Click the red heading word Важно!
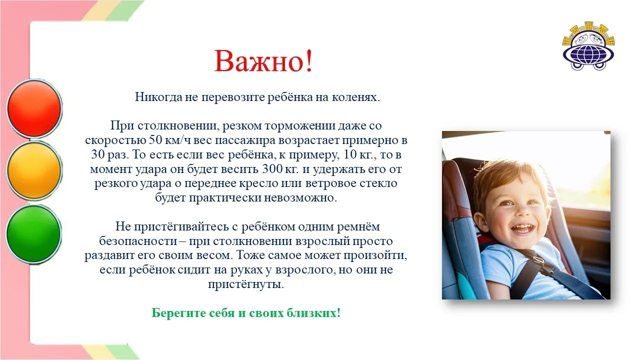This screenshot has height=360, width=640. (x=263, y=61)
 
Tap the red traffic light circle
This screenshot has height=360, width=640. (x=34, y=108)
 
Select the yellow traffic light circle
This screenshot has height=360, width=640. (x=34, y=170)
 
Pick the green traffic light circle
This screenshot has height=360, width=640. (x=33, y=233)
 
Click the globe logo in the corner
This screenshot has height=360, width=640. (x=588, y=45)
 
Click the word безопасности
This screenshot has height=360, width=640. (x=138, y=241)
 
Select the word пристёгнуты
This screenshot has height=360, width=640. (x=246, y=284)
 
